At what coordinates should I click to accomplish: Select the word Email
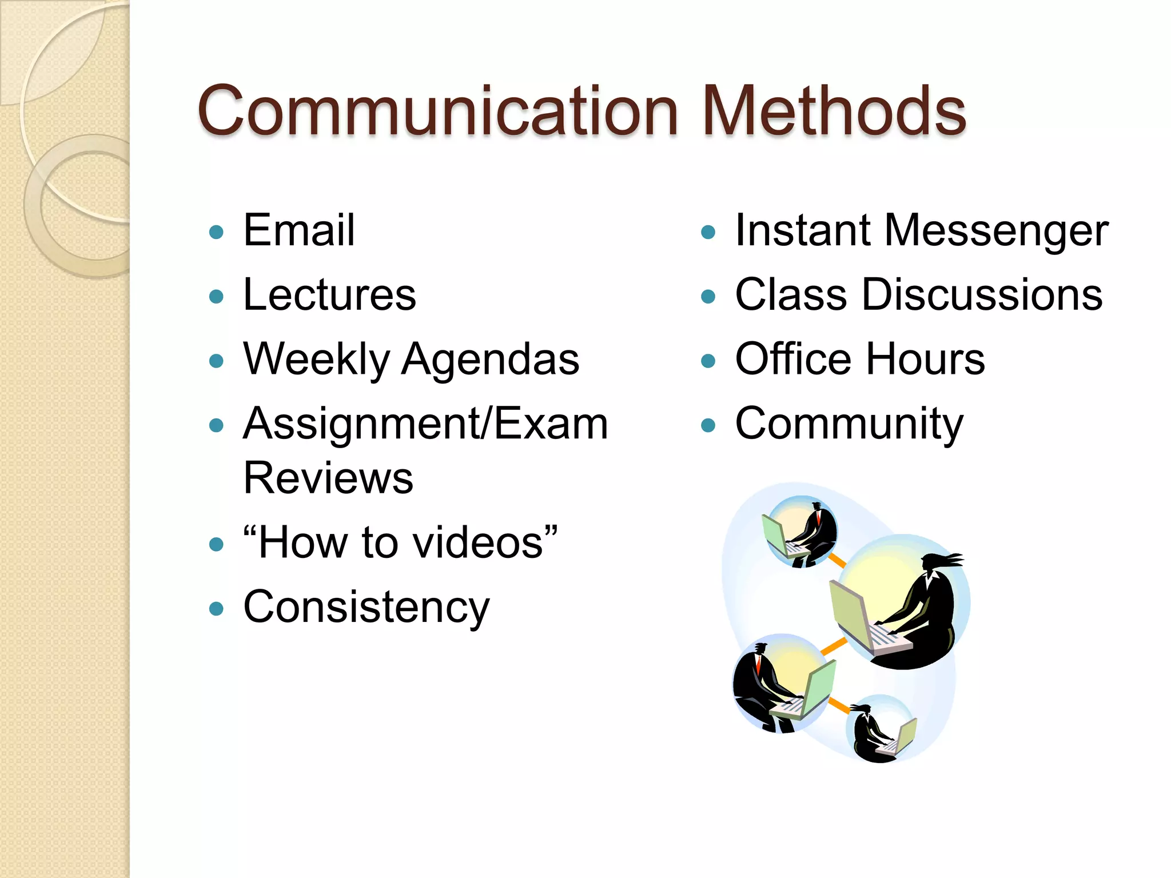[298, 230]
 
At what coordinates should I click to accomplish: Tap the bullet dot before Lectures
[216, 297]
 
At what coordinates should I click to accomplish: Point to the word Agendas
[490, 360]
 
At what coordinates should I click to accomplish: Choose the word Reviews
[328, 478]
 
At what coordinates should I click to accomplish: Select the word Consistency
[366, 608]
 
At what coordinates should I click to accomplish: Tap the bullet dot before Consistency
[216, 609]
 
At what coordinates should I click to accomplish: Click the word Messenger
[996, 231]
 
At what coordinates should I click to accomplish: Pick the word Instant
[803, 230]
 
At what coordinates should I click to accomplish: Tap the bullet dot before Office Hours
[708, 361]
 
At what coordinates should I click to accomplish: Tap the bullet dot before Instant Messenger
[708, 232]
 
